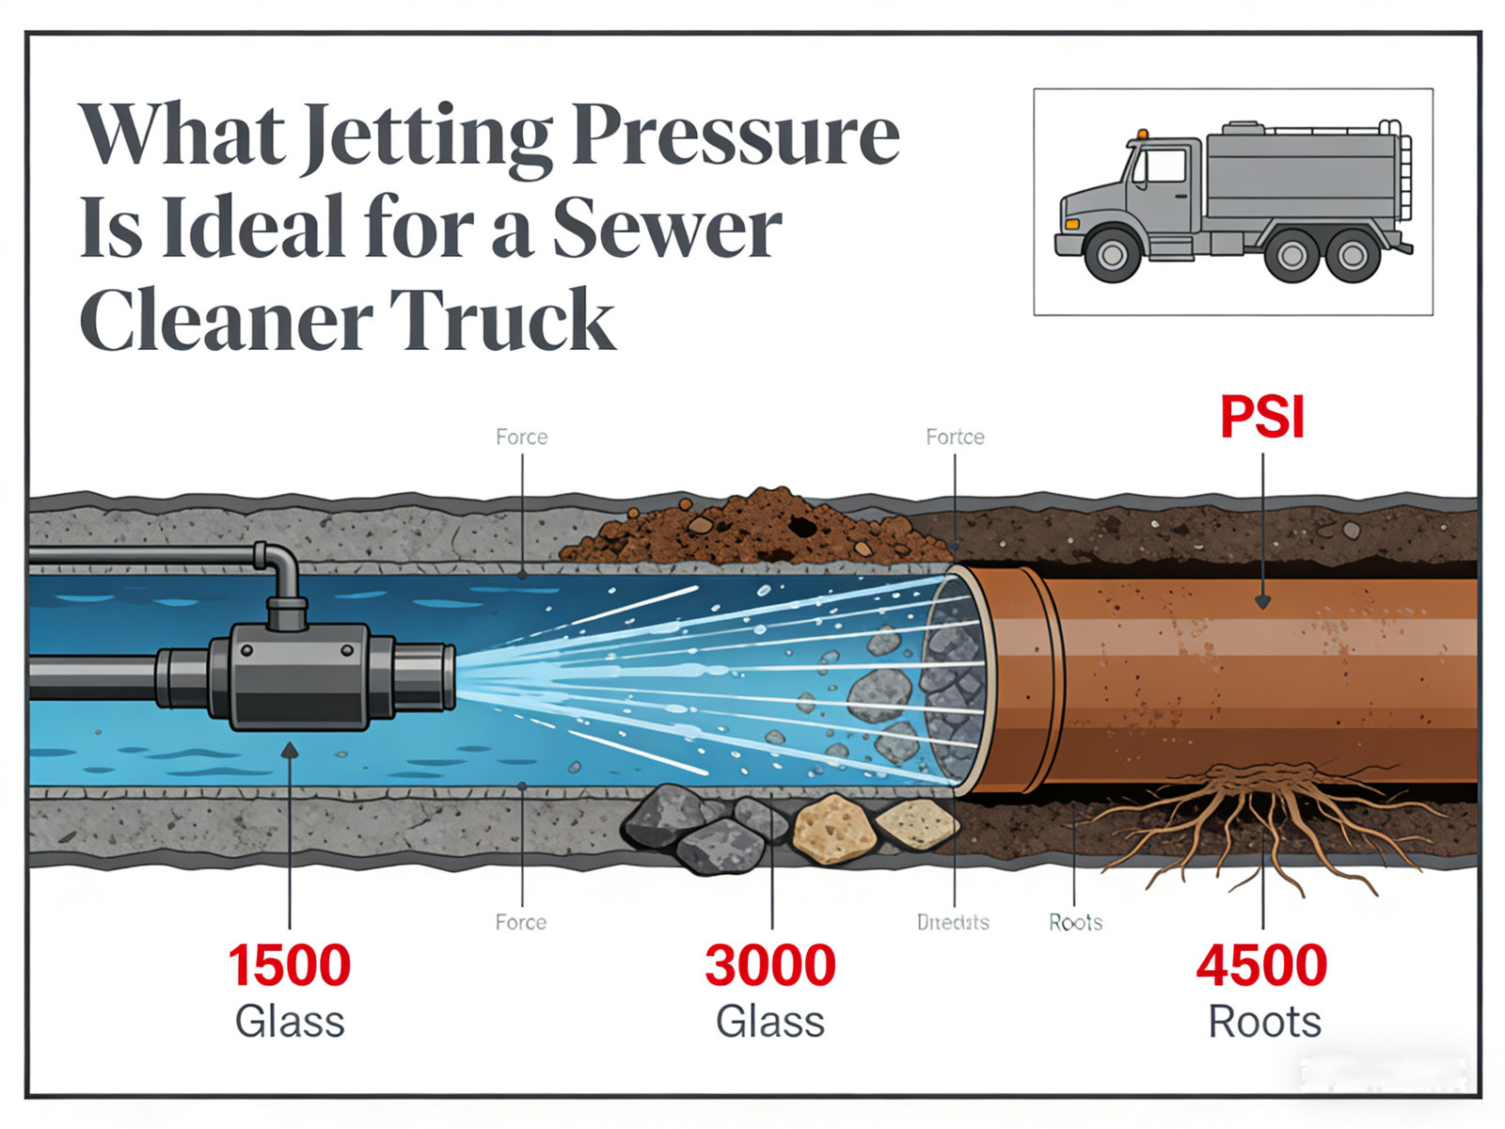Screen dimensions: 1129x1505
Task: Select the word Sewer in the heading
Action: pos(666,228)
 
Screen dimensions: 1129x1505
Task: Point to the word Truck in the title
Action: pos(501,320)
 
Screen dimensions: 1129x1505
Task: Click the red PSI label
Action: pos(1262,417)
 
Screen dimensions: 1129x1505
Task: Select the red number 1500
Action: pos(289,965)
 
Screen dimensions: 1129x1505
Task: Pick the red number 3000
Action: pos(770,965)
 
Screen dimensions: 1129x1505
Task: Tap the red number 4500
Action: pos(1261,965)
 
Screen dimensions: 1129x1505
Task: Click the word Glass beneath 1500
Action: pos(289,1022)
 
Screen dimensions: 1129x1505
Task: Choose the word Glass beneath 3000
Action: pos(770,1022)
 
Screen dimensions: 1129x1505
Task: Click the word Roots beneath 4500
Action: pos(1264,1022)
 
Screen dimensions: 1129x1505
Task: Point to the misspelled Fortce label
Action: pos(955,437)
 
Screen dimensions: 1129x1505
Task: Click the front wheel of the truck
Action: pos(1112,254)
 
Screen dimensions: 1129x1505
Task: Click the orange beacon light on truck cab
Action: pos(1143,134)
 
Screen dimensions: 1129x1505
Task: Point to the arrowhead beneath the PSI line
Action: pos(1262,602)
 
